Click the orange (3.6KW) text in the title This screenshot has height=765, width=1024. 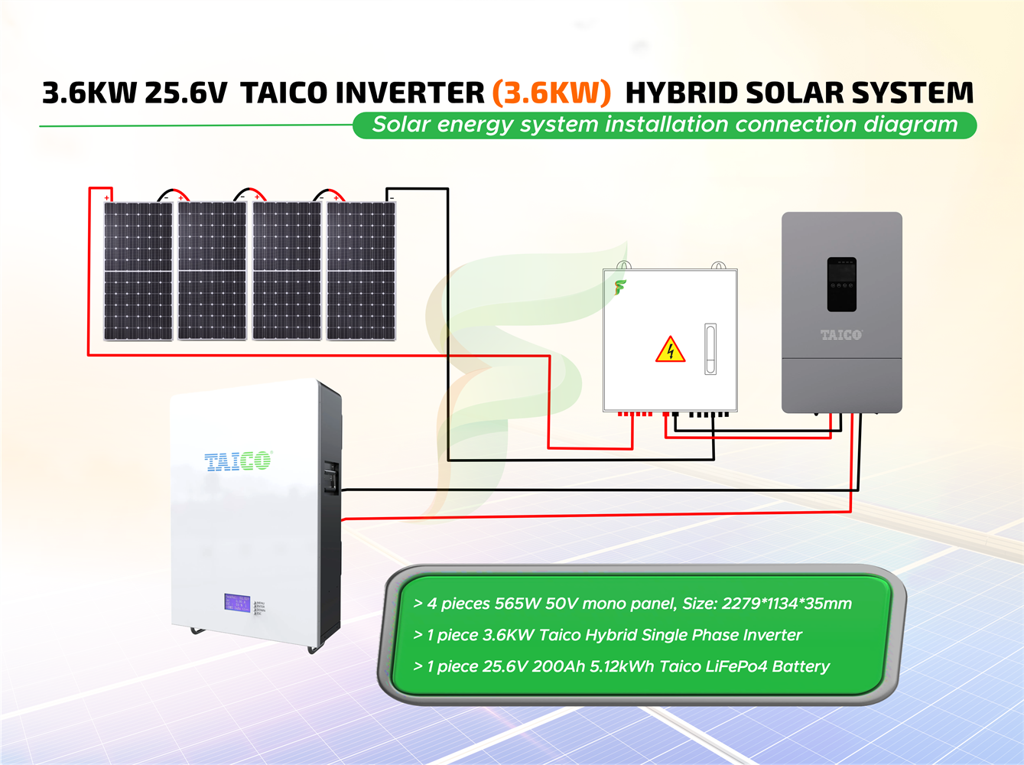click(x=551, y=93)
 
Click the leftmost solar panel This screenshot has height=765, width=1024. click(x=138, y=271)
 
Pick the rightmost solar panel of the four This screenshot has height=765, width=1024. click(x=361, y=271)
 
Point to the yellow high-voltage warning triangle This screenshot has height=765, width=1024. click(x=670, y=350)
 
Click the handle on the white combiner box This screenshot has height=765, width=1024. click(x=710, y=349)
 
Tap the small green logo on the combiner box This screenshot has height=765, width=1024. click(x=619, y=288)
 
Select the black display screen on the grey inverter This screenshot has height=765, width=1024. click(x=841, y=285)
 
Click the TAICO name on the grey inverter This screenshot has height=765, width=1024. click(x=841, y=335)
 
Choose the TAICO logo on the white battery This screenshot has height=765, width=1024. click(x=238, y=461)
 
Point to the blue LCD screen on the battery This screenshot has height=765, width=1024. click(x=237, y=603)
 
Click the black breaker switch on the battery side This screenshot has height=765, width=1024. click(x=331, y=477)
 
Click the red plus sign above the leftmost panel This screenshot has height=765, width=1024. click(x=107, y=198)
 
